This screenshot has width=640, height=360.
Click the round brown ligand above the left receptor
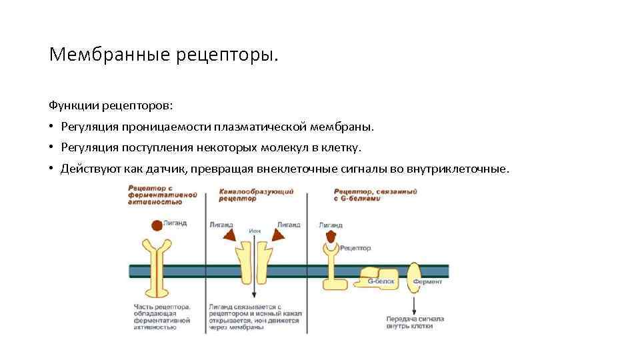(x=157, y=226)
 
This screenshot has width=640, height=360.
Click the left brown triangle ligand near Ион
(x=229, y=235)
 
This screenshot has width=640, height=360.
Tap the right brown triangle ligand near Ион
(x=277, y=235)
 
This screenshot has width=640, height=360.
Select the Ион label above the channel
(x=254, y=231)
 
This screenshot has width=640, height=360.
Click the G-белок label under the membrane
(x=381, y=281)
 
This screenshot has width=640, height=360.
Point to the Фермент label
(x=427, y=281)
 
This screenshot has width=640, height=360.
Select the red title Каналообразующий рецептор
(x=256, y=195)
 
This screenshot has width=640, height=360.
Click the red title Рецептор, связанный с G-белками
(x=375, y=195)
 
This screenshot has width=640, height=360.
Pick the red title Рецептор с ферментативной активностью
(x=163, y=195)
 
